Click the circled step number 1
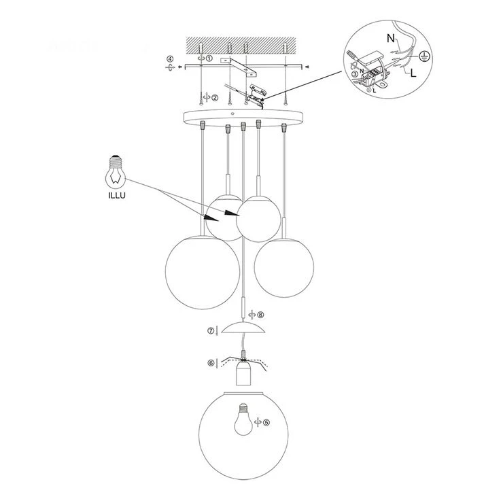tap(209, 58)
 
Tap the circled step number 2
tap(214, 97)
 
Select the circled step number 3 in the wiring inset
tap(355, 74)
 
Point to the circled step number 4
tap(171, 59)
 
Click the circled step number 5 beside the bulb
tap(266, 422)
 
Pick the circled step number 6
tap(211, 363)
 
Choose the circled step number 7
tap(211, 331)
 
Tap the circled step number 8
tap(260, 315)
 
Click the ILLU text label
tap(117, 196)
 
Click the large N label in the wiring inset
tap(391, 38)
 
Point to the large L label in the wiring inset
tap(413, 73)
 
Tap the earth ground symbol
tap(424, 56)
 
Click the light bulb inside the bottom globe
tap(244, 419)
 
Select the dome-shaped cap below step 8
tap(243, 328)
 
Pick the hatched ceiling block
tap(241, 45)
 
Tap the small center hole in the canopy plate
tap(232, 114)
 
